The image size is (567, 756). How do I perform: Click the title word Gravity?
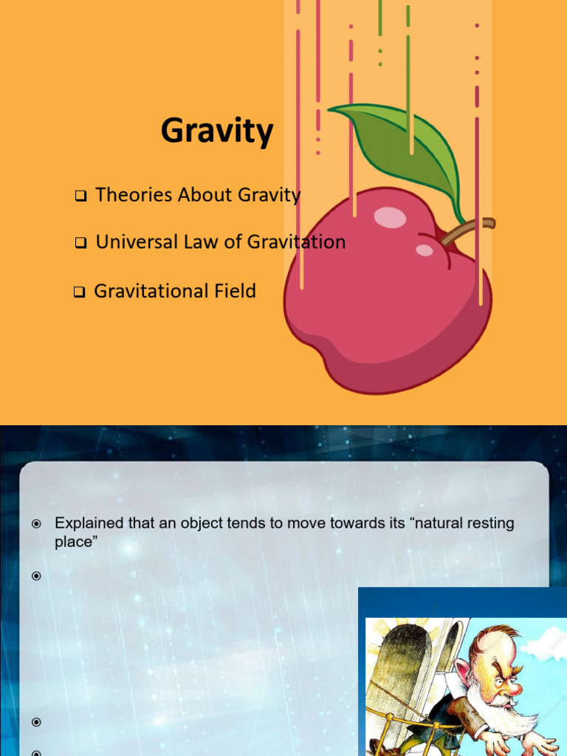[217, 132]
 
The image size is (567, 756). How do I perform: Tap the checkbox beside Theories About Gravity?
[80, 196]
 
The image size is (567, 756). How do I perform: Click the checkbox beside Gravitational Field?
[80, 292]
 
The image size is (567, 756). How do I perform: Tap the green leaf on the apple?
[402, 144]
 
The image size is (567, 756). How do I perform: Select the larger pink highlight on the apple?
[390, 216]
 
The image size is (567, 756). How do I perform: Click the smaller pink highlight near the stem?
[425, 250]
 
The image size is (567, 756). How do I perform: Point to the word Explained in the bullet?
[86, 523]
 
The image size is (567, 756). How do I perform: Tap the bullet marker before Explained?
[36, 524]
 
